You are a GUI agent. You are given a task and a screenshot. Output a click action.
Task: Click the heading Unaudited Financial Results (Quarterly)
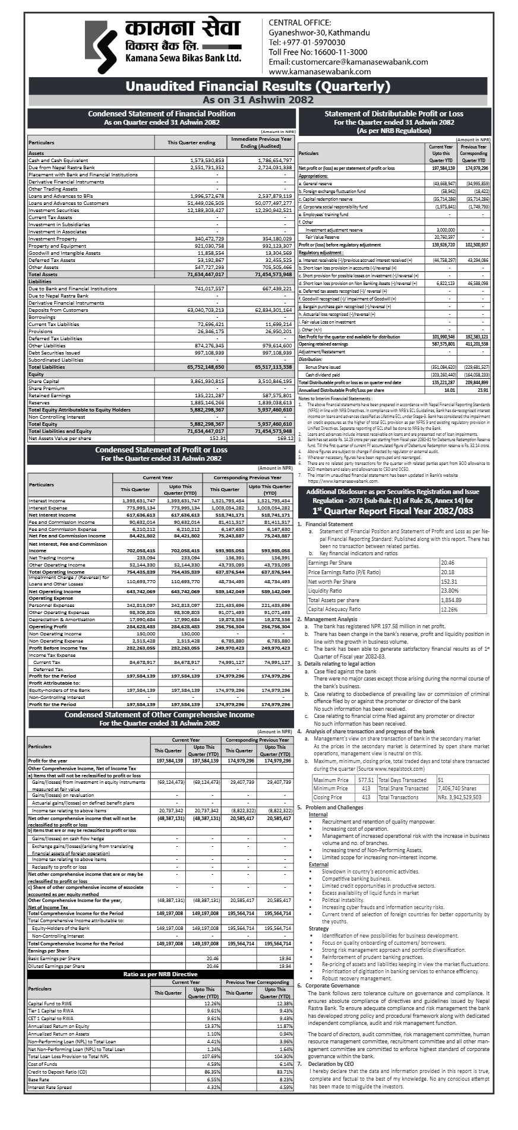coord(258,87)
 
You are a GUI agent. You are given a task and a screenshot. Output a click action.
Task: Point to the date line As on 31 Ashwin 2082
coord(258,100)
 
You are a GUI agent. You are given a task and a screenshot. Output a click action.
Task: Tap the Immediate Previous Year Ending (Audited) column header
coord(262,142)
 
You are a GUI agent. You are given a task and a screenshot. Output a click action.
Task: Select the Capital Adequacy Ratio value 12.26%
coord(448,609)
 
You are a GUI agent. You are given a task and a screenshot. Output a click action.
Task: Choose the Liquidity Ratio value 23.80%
coord(449,591)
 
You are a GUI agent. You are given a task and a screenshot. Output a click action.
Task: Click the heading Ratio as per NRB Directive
coord(160,974)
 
